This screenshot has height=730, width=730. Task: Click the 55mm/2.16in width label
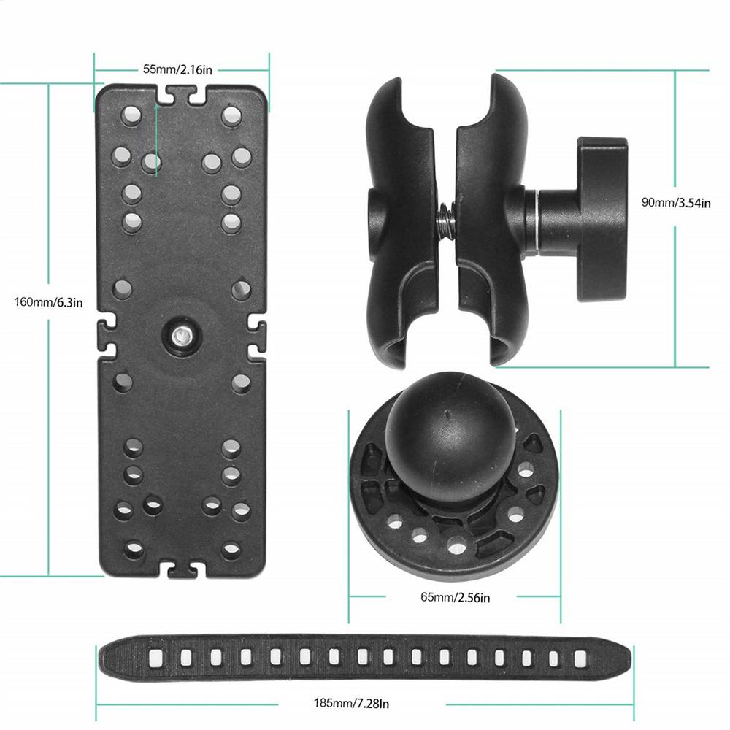tap(177, 69)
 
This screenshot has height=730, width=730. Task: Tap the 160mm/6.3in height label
tap(48, 302)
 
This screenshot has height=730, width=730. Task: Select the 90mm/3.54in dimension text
tap(675, 203)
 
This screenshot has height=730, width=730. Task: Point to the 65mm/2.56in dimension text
tap(455, 597)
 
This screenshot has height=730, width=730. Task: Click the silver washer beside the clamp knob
tap(536, 218)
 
